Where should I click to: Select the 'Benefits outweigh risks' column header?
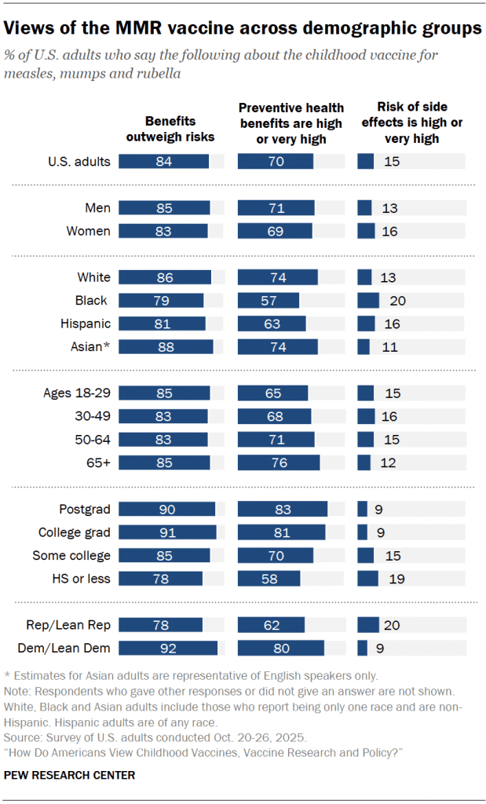tap(170, 129)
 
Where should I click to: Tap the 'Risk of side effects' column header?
tap(411, 122)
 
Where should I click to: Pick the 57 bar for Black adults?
tap(268, 301)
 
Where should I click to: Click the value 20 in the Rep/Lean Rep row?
tap(391, 625)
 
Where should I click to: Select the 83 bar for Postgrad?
tap(282, 509)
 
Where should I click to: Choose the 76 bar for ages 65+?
tap(279, 462)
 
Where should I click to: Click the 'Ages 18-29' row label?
tap(77, 393)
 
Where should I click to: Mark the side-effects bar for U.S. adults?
tap(365, 162)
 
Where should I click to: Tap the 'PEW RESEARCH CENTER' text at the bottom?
tap(70, 776)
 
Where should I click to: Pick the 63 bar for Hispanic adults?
tap(271, 323)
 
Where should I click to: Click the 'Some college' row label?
tap(71, 555)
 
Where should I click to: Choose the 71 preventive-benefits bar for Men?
tap(276, 208)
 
